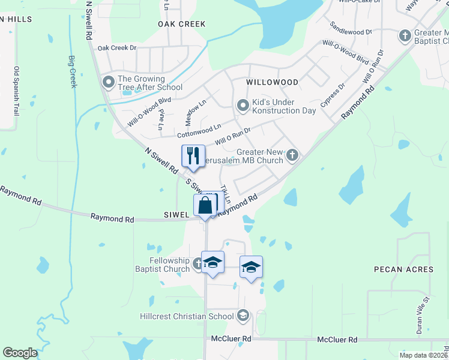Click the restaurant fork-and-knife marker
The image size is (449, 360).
click(x=193, y=156)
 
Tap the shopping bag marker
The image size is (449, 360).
click(x=205, y=205)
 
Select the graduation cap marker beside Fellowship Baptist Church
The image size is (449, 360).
click(x=212, y=263)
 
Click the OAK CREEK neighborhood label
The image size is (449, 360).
click(x=182, y=24)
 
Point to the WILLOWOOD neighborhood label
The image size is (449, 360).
click(x=272, y=82)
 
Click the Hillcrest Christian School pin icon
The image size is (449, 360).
click(x=243, y=316)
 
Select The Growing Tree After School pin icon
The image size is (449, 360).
click(x=109, y=82)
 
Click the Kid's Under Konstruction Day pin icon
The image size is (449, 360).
click(x=243, y=106)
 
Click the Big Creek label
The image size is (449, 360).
click(x=73, y=72)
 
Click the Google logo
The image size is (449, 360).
click(x=20, y=353)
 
